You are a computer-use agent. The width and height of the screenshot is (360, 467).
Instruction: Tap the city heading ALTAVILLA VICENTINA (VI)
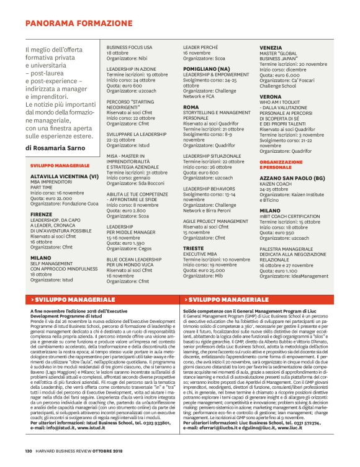pos(64,176)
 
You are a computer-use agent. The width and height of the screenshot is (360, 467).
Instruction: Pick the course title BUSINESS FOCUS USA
pos(130,47)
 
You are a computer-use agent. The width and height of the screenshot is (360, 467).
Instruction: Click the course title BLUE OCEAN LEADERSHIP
pos(137,259)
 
